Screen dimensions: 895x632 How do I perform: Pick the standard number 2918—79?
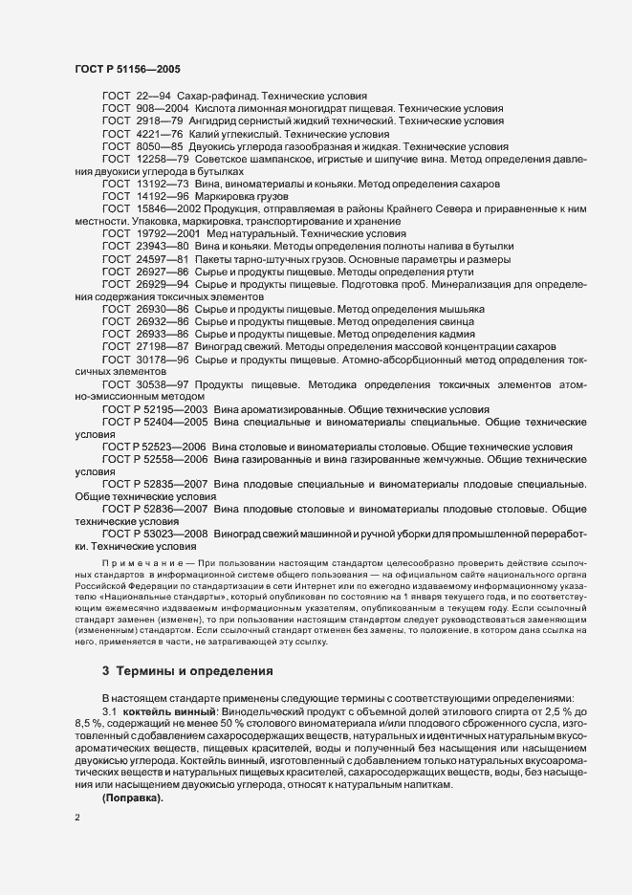point(154,121)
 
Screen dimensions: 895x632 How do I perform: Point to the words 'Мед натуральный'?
point(249,233)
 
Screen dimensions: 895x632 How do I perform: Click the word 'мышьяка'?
point(462,310)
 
